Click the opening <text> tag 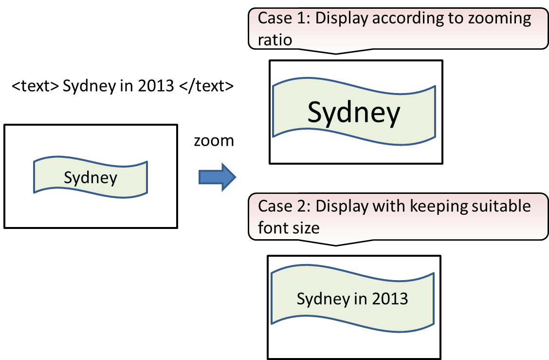click(x=36, y=86)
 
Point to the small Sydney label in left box click(x=91, y=177)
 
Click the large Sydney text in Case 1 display click(x=354, y=112)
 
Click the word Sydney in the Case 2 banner click(x=321, y=299)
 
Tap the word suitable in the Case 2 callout click(x=501, y=206)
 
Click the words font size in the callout click(x=289, y=227)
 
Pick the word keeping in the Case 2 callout click(x=439, y=206)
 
